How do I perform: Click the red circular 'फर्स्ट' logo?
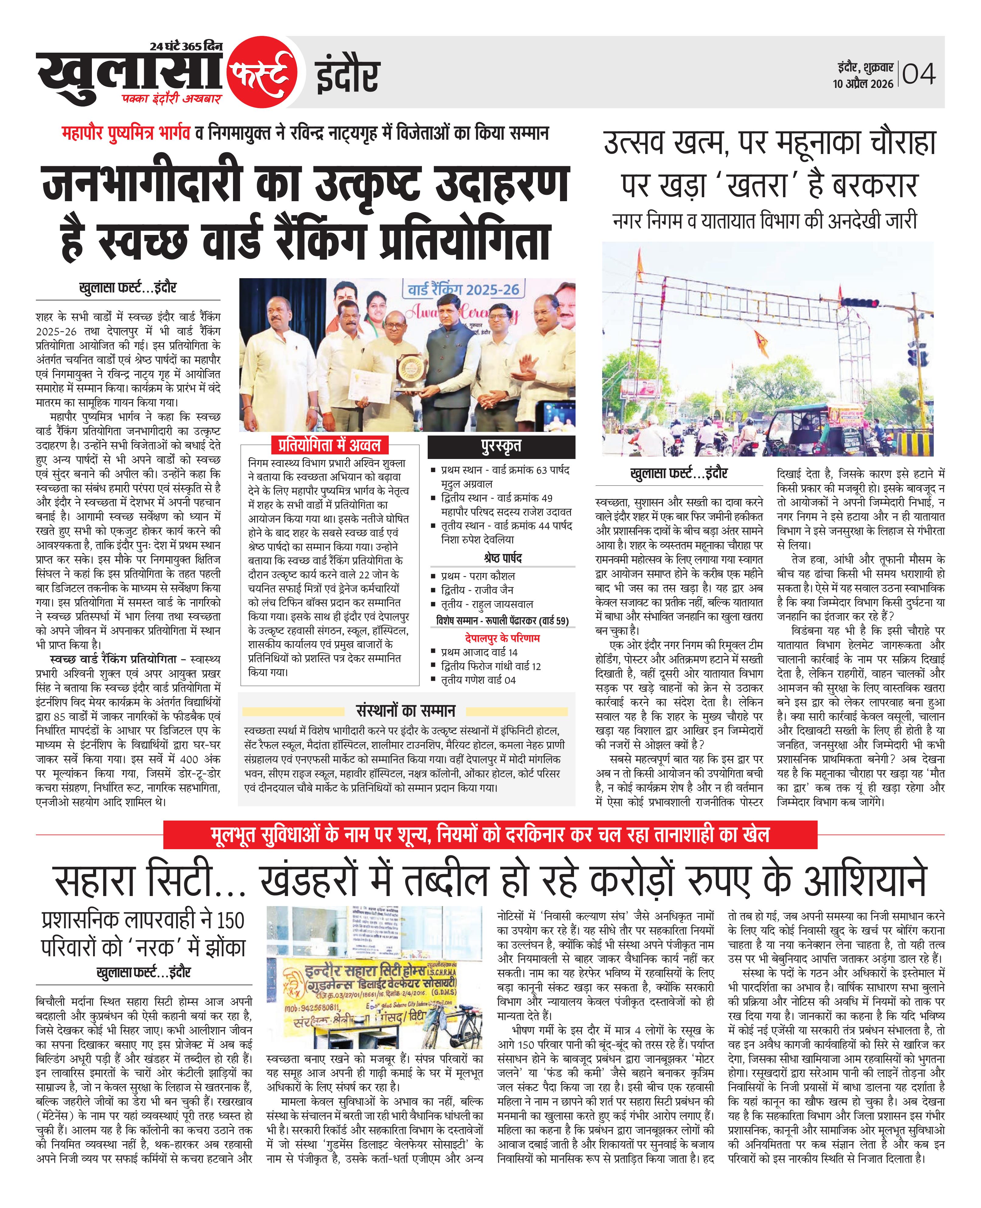[x=262, y=72]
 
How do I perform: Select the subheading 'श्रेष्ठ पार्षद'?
[x=503, y=558]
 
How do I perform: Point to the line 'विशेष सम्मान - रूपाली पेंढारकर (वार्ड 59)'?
[x=502, y=621]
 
